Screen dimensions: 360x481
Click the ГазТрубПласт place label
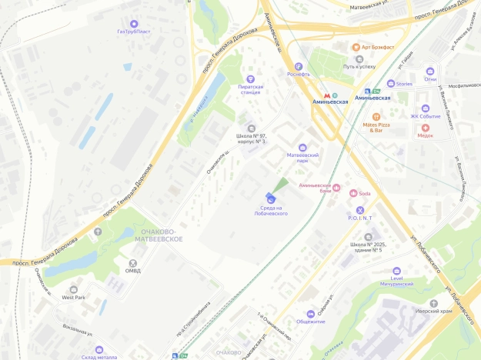pyautogui.click(x=134, y=32)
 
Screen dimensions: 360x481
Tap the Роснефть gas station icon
pyautogui.click(x=299, y=66)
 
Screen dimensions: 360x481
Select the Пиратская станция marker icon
pyautogui.click(x=249, y=78)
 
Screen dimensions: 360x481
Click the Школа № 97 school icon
pyautogui.click(x=250, y=128)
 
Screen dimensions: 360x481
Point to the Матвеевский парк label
pyautogui.click(x=302, y=158)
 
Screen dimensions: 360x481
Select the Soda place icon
pyautogui.click(x=355, y=193)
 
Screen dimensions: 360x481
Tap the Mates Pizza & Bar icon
pyautogui.click(x=376, y=116)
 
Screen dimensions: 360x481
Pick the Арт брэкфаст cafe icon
pyautogui.click(x=357, y=47)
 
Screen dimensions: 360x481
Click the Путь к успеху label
pyautogui.click(x=359, y=66)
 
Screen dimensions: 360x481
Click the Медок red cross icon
pyautogui.click(x=426, y=128)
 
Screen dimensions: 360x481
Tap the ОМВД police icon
pyautogui.click(x=133, y=262)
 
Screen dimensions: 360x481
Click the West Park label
pyautogui.click(x=74, y=297)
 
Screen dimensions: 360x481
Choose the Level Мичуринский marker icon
pyautogui.click(x=397, y=272)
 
